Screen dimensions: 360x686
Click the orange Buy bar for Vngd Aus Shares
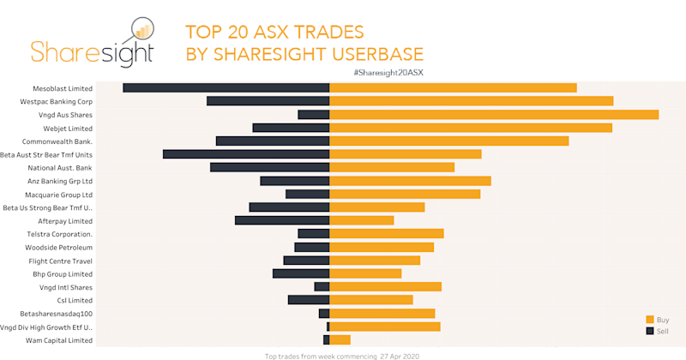[x=494, y=114]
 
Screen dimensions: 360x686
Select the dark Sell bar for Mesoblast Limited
[x=226, y=87]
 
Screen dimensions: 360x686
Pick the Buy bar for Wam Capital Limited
[x=340, y=340]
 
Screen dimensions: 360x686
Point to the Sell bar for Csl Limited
[x=309, y=300]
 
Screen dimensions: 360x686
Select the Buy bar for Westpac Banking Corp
[x=472, y=101]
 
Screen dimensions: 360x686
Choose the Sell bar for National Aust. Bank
[x=270, y=167]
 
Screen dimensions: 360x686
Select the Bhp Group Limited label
[x=63, y=273]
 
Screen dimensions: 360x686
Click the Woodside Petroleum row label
[x=58, y=247]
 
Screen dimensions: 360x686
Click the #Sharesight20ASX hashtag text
[x=388, y=72]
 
